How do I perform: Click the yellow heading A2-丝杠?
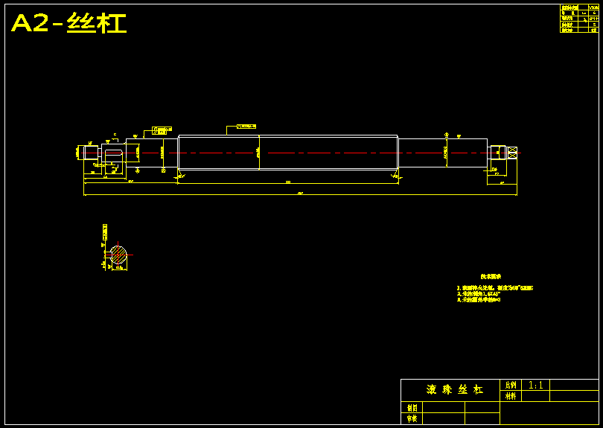[68, 24]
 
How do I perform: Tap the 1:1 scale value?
[536, 386]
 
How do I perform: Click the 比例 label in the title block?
[511, 386]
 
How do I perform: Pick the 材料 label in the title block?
[511, 397]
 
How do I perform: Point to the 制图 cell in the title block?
[412, 408]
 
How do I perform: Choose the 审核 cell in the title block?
[412, 419]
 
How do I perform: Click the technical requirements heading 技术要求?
[491, 275]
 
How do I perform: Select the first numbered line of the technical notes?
[494, 287]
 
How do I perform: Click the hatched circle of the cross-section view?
[119, 254]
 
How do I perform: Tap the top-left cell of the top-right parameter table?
[569, 7]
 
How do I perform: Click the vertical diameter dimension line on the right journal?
[446, 152]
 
